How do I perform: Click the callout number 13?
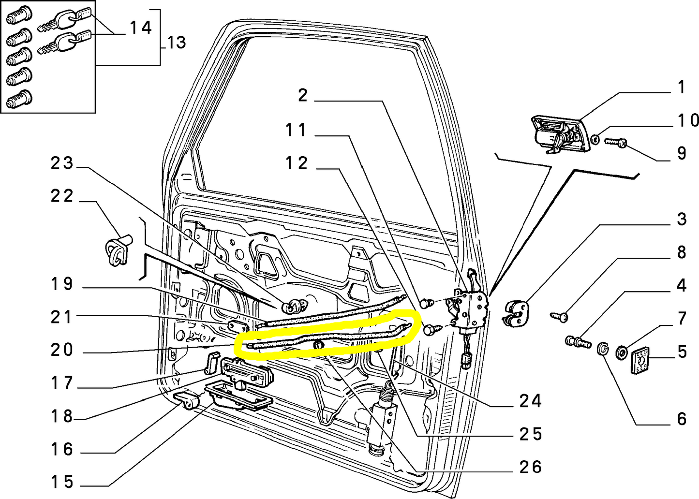point(176,43)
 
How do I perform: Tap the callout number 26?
point(530,467)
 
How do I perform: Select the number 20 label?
point(61,350)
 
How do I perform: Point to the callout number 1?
point(681,88)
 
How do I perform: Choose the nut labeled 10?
point(596,139)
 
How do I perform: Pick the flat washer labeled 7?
point(622,351)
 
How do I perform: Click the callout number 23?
point(61,163)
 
